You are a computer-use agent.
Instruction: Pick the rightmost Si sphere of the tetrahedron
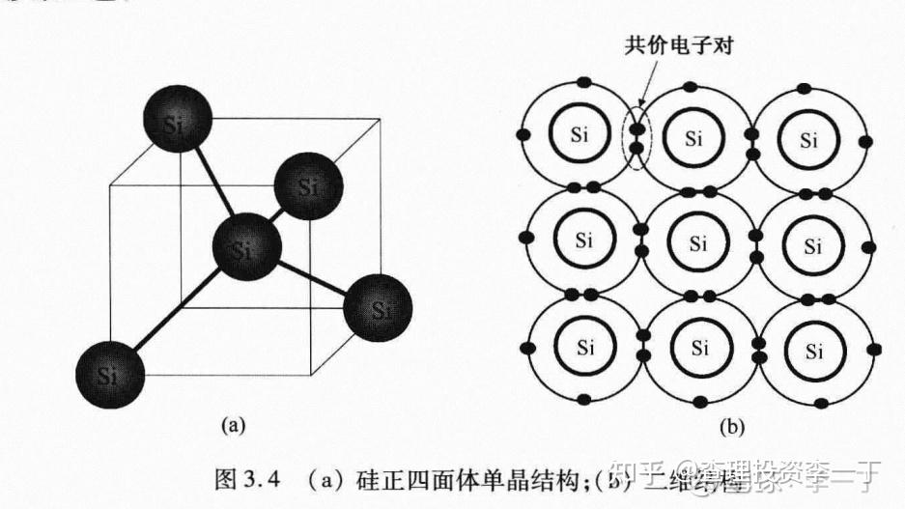[379, 309]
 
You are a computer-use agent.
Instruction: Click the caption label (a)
[235, 423]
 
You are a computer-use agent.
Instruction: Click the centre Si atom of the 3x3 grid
[693, 241]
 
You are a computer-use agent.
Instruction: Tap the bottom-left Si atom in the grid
[581, 346]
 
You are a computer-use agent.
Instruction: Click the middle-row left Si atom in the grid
[581, 241]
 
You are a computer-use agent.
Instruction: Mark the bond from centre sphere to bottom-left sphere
[179, 310]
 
